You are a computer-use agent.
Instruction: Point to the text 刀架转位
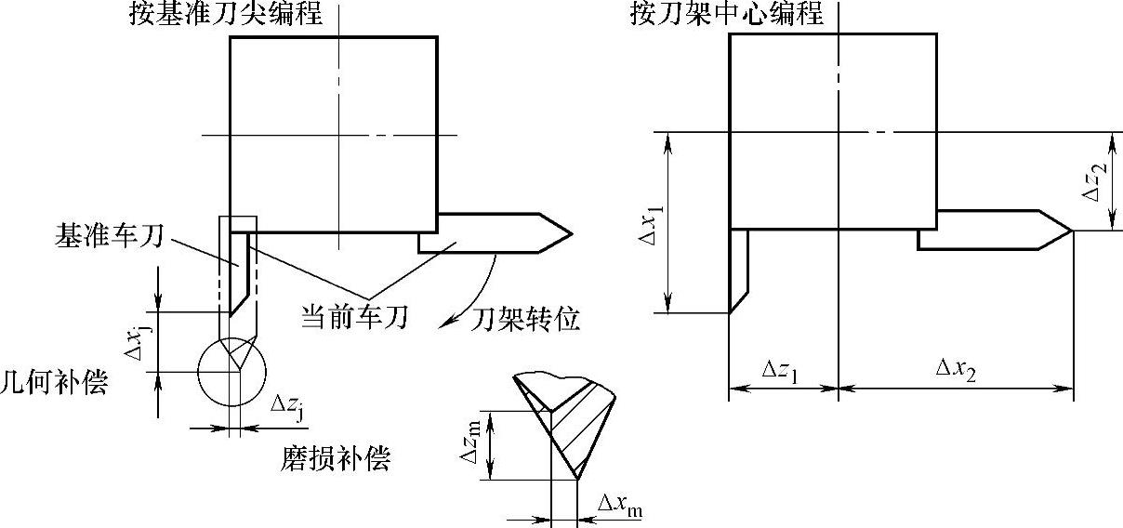(x=525, y=321)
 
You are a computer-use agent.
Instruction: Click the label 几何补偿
(x=54, y=382)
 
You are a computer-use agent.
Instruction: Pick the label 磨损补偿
(x=336, y=458)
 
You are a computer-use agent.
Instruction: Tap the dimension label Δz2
(x=1097, y=181)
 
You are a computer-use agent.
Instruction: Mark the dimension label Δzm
(x=471, y=445)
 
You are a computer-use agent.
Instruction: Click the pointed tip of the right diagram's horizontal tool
(x=1072, y=231)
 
